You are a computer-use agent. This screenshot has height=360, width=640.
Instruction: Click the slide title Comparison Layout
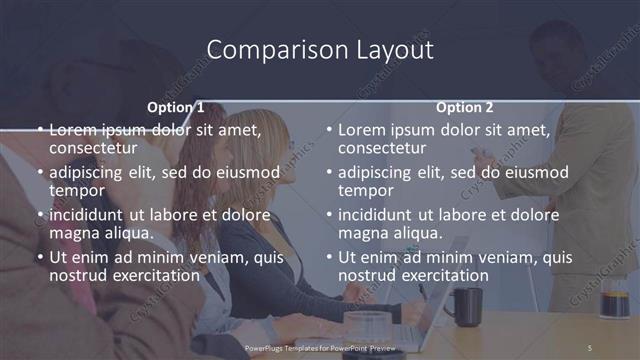tap(320, 50)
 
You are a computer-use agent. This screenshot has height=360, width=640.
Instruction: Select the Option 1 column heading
tap(176, 107)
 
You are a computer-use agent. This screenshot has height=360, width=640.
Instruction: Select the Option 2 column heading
tap(464, 107)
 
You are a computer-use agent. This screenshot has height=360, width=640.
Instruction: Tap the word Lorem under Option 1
tap(72, 130)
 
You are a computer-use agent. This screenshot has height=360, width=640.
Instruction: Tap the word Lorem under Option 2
tap(361, 130)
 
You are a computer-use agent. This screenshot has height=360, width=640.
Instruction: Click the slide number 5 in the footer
tap(589, 347)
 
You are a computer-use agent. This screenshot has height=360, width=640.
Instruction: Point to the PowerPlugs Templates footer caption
tap(320, 347)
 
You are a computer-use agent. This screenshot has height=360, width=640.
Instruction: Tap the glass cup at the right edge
tap(614, 300)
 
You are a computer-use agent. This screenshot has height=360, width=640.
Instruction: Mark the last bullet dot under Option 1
tap(39, 257)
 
